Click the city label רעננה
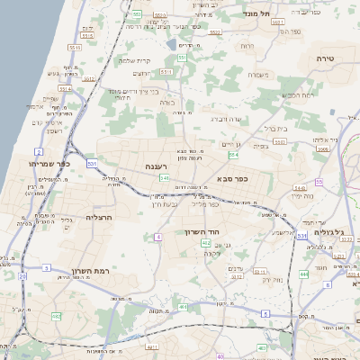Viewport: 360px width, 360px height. pos(156,166)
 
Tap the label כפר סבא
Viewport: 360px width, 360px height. pos(232,179)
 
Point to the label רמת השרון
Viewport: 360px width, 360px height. pos(88,270)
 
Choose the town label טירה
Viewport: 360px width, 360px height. pos(326,57)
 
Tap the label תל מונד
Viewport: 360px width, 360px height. pos(261,14)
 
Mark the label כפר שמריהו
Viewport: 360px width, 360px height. pos(47,164)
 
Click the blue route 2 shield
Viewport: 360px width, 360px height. pos(39,152)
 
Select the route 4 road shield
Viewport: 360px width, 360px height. pos(157,236)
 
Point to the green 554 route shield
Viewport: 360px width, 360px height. pos(234,155)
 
